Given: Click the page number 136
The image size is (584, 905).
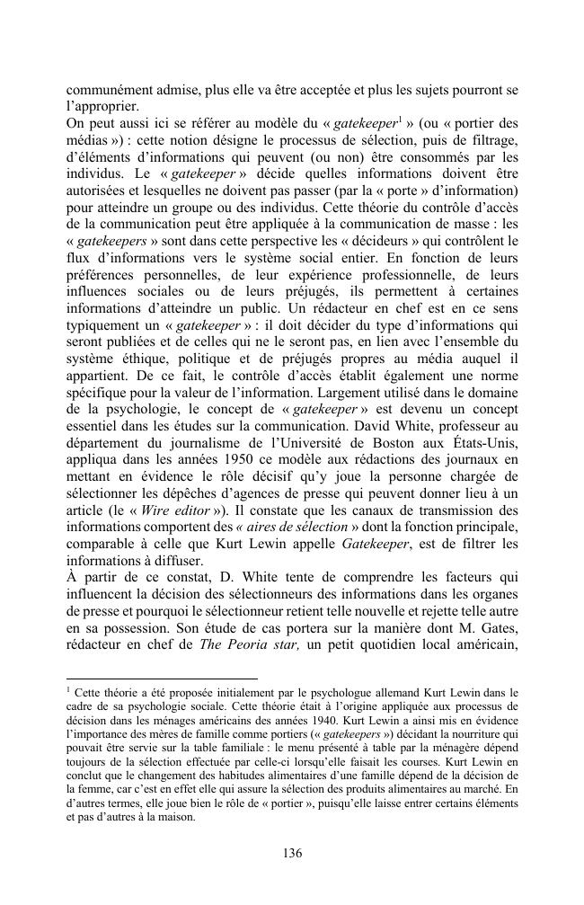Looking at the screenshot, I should [291, 853].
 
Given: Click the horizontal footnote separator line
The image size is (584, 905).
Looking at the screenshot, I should [161, 679].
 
